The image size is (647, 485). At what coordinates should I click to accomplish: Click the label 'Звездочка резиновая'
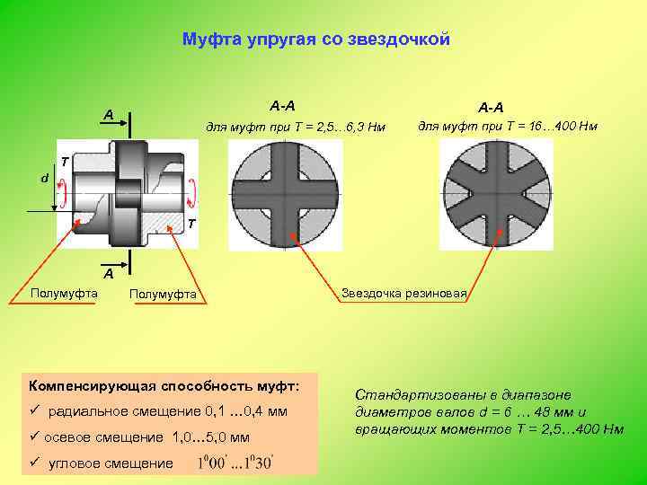coord(403,293)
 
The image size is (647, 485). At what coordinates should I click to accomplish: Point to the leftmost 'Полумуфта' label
coord(63,293)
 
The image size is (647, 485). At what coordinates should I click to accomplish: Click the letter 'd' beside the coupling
coord(45,178)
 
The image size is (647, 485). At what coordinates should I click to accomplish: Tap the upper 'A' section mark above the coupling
coord(107,114)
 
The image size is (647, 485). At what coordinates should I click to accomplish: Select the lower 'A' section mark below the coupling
coord(107,272)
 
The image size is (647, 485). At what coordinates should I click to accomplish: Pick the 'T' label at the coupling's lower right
coord(192,225)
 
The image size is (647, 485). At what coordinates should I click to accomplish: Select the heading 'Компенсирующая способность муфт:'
coord(164,385)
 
